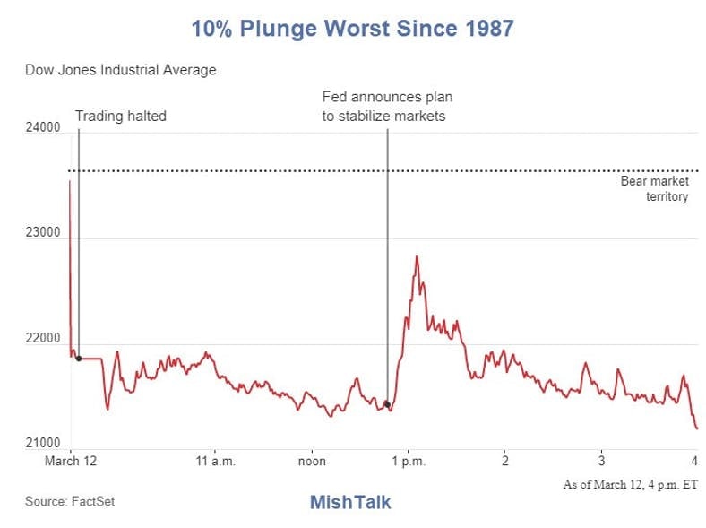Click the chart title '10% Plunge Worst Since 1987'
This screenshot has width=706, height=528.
click(x=352, y=29)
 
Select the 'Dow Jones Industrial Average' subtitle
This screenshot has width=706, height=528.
click(x=120, y=69)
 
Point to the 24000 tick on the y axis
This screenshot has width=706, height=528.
click(x=42, y=128)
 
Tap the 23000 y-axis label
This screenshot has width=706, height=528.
click(x=42, y=233)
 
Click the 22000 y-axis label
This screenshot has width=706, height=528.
click(x=42, y=339)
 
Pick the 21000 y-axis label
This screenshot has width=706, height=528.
click(x=42, y=444)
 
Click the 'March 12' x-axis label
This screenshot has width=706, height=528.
click(x=70, y=461)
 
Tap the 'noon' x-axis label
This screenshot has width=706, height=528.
click(x=312, y=461)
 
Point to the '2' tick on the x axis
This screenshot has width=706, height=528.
click(x=505, y=461)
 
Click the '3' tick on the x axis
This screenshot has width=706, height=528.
click(x=602, y=461)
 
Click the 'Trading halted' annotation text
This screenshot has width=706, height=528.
click(x=120, y=116)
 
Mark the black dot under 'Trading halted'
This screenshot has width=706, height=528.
click(x=79, y=359)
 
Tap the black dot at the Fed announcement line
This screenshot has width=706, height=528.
click(x=387, y=404)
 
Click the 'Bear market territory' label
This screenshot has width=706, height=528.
click(x=654, y=188)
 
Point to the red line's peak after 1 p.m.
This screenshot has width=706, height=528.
click(x=417, y=257)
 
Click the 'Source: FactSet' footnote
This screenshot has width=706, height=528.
click(x=70, y=501)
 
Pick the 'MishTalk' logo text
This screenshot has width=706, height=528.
click(x=350, y=502)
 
